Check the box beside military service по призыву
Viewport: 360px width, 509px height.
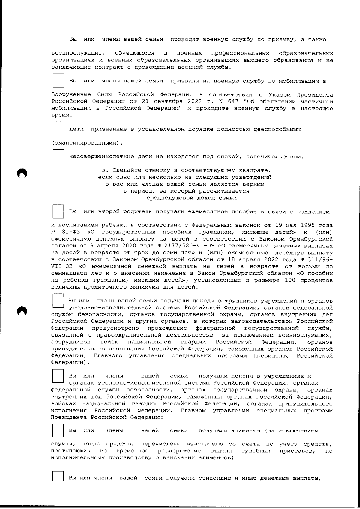[x=58, y=40]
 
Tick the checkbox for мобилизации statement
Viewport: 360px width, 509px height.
[x=58, y=81]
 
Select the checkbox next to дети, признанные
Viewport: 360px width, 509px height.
[x=58, y=129]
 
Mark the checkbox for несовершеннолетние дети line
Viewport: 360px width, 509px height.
[x=58, y=156]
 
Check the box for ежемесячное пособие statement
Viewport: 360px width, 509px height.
[x=58, y=211]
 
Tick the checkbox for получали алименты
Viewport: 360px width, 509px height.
[x=58, y=430]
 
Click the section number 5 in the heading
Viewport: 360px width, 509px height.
[x=103, y=170]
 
